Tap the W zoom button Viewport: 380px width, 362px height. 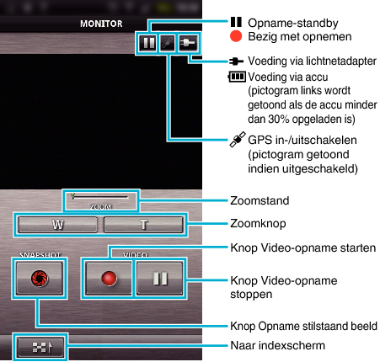(58, 225)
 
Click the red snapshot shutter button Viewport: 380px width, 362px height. (40, 279)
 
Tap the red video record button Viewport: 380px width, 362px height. (109, 279)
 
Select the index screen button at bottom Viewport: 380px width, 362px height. (40, 347)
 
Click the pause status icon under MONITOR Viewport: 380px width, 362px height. (148, 43)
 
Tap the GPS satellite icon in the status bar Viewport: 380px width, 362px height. (168, 43)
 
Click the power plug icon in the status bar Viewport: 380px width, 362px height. (188, 43)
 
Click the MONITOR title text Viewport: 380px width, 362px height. (101, 24)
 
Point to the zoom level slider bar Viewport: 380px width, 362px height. (100, 197)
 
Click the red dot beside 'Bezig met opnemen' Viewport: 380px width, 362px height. (236, 36)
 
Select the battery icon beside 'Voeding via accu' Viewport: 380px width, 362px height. (238, 77)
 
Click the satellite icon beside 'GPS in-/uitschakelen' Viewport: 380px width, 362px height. (238, 140)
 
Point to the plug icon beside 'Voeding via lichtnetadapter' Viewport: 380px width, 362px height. (237, 61)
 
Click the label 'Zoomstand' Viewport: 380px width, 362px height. (260, 200)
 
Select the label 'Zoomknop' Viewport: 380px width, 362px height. (258, 224)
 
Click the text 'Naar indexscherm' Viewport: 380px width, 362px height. (277, 345)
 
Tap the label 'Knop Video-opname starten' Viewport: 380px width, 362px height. (303, 248)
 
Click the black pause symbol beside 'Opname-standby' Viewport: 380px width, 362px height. (236, 22)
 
